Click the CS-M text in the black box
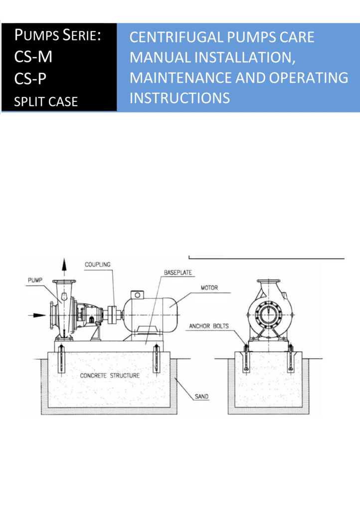33,57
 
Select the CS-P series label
30,78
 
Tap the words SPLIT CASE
46,102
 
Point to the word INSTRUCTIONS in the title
180,98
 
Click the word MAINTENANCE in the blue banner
180,77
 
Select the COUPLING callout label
98,264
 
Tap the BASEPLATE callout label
178,272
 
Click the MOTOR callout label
209,288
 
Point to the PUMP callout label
35,280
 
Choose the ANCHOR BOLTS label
209,326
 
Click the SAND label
201,397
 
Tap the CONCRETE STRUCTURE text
110,375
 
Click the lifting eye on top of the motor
137,295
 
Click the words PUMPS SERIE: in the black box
58,35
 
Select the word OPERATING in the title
309,77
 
